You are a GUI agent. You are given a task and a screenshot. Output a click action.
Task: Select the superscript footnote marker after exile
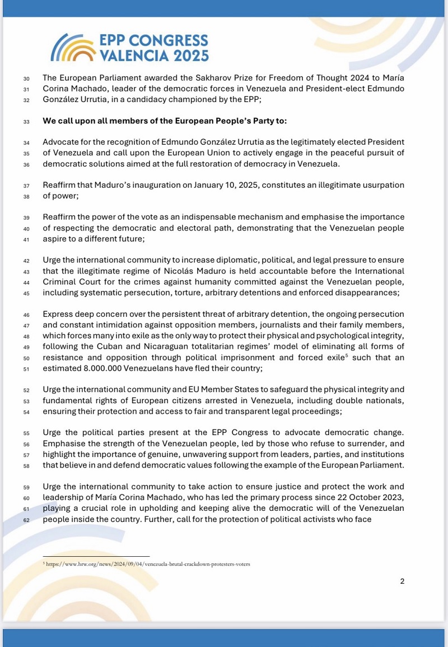click(338, 355)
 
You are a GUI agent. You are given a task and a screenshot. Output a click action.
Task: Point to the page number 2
click(402, 581)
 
